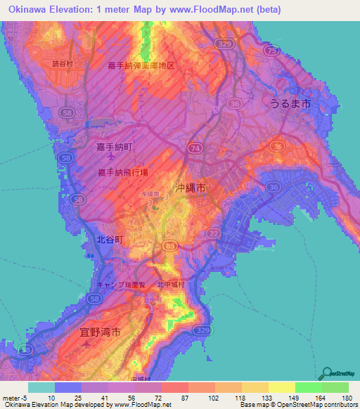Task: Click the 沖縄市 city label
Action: click(189, 188)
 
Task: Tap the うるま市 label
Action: click(290, 103)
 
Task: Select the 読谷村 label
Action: click(62, 63)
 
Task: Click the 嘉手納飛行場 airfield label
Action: click(123, 171)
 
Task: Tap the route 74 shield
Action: click(194, 149)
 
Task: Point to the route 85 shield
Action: click(170, 245)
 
